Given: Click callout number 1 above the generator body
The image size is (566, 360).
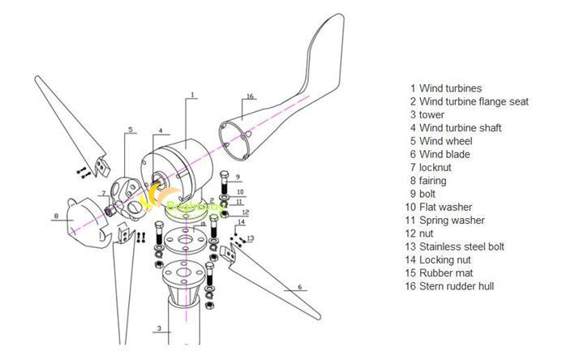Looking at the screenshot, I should pos(193,96).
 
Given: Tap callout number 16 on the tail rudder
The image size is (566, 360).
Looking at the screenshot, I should pos(251,96).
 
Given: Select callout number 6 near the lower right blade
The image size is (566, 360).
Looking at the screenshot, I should pos(299,287).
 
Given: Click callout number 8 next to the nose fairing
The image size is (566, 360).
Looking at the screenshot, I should pos(55,216).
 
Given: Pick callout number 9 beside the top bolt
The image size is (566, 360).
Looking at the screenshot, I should pos(238,176).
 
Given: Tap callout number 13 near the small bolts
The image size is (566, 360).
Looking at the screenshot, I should pos(251,238).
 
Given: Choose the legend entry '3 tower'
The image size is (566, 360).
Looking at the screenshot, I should pos(427,114).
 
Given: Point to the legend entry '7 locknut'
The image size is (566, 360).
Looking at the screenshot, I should pos(431,167).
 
